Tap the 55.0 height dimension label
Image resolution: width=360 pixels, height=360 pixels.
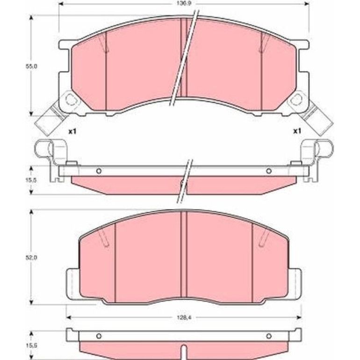(32, 66)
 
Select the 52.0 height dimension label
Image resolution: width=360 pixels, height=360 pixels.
(32, 258)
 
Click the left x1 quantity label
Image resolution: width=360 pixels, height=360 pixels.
(72, 131)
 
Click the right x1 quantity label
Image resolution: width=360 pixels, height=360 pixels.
(296, 131)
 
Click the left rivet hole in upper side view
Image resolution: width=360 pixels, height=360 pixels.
(99, 171)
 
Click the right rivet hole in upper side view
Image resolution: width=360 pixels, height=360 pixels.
(269, 171)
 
